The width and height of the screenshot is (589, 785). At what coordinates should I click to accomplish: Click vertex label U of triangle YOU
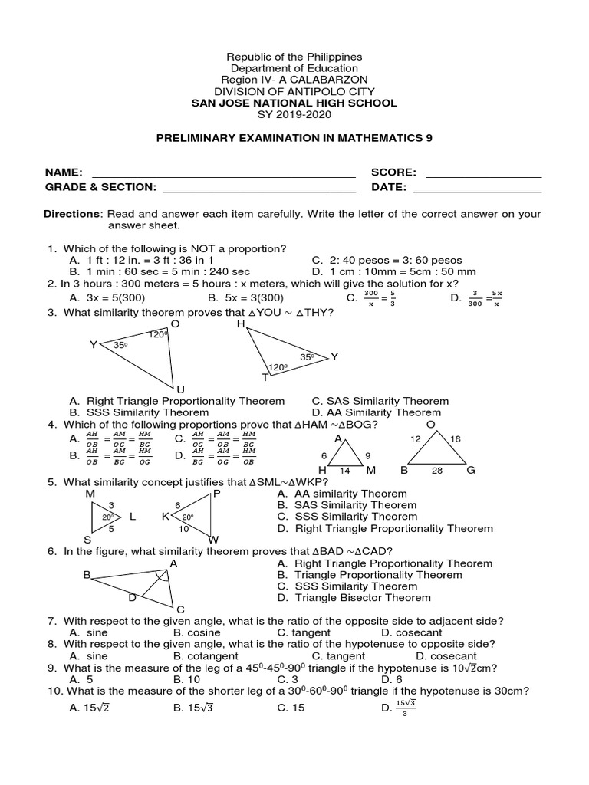(180, 389)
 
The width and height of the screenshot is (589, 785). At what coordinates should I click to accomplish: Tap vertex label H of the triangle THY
(241, 324)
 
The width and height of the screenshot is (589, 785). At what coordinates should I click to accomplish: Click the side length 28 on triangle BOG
(436, 471)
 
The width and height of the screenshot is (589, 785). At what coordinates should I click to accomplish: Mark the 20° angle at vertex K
(186, 517)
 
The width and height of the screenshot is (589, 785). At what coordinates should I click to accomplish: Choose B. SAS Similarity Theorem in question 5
(347, 505)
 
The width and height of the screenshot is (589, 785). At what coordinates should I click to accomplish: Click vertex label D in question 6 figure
(132, 596)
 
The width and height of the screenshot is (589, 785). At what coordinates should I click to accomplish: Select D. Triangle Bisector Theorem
(354, 597)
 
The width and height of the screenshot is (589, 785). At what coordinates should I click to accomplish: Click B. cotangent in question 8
(205, 656)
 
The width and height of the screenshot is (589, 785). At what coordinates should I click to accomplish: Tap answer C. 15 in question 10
(291, 708)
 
